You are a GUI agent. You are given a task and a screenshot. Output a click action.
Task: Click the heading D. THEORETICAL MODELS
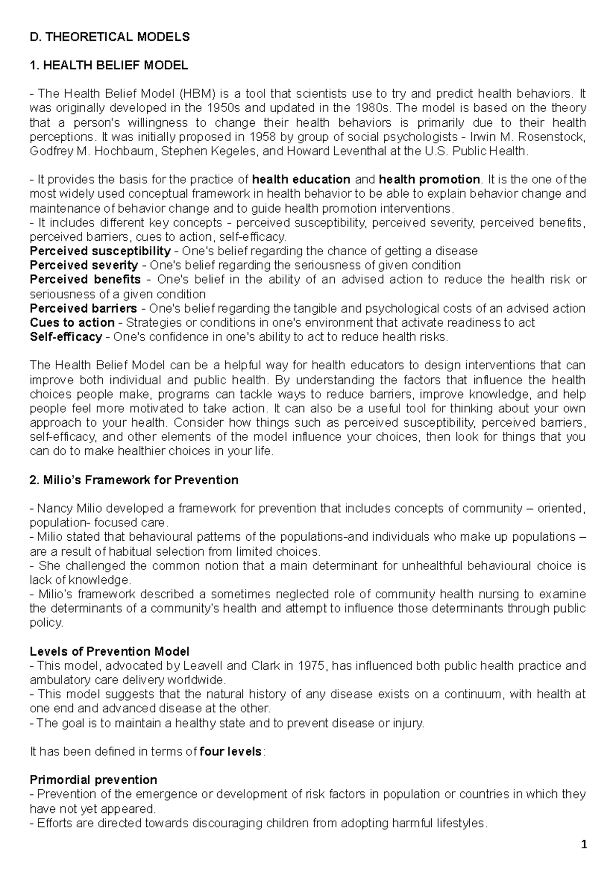tap(110, 37)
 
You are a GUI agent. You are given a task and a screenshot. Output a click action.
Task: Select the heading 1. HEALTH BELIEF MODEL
tap(109, 65)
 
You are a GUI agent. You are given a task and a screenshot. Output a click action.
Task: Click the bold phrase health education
tap(301, 180)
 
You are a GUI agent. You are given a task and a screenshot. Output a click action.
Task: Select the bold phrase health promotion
tap(429, 180)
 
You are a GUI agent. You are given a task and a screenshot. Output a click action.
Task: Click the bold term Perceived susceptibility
tap(100, 251)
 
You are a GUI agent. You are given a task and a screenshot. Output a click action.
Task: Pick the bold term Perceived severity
tap(84, 266)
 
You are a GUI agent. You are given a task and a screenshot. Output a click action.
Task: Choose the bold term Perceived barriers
tap(83, 309)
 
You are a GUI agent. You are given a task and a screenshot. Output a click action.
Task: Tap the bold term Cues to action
tap(72, 323)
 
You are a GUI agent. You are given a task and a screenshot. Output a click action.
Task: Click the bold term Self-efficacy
tap(66, 337)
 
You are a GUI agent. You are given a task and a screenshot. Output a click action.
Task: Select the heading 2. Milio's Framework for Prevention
tap(134, 480)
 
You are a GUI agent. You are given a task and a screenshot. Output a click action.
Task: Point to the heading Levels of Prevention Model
tap(109, 652)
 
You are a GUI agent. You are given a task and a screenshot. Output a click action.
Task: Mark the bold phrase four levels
tap(230, 752)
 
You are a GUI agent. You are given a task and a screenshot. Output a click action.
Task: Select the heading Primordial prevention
tap(93, 780)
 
